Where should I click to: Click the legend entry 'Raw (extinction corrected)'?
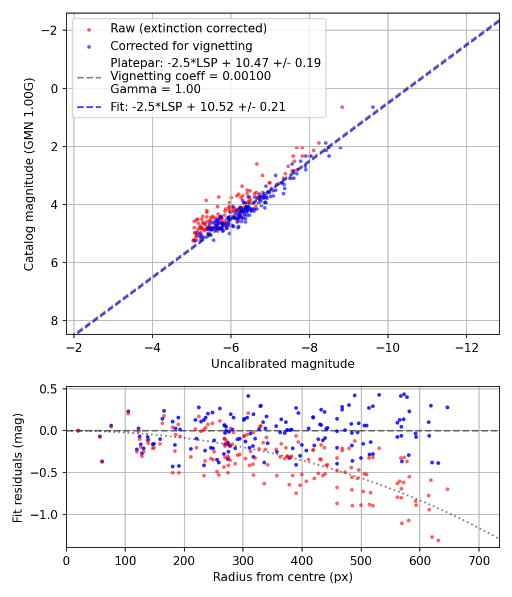[188, 28]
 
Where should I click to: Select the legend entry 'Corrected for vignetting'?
[181, 45]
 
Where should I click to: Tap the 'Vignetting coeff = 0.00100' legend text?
[191, 76]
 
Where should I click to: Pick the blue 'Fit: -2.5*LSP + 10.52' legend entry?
[197, 106]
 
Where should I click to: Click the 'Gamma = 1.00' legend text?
[155, 89]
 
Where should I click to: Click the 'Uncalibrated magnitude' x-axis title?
[283, 364]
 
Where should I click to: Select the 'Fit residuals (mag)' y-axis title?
[18, 467]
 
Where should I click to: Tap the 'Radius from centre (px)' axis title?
[283, 577]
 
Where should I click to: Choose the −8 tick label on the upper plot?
[309, 347]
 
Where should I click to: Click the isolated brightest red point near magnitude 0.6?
[342, 107]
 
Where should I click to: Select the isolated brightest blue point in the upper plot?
[373, 107]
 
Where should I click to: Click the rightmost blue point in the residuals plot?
[447, 407]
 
